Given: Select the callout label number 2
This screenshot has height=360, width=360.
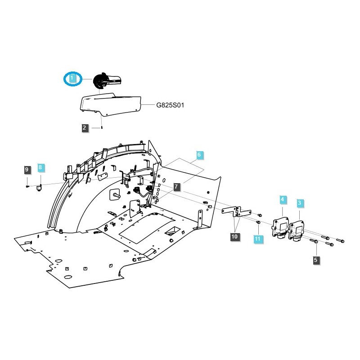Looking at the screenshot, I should pyautogui.click(x=85, y=128).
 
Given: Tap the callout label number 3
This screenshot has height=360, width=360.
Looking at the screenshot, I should pyautogui.click(x=299, y=203).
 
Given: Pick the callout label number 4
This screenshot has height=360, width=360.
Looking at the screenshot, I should pyautogui.click(x=283, y=199).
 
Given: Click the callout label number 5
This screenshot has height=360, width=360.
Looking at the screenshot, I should pyautogui.click(x=315, y=260).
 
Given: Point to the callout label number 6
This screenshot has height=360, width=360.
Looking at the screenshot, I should pyautogui.click(x=199, y=155).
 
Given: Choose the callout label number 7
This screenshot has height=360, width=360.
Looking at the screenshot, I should pyautogui.click(x=176, y=186).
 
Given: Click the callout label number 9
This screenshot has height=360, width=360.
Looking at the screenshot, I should pyautogui.click(x=27, y=170).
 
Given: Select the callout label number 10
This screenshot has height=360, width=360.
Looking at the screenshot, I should pyautogui.click(x=234, y=236).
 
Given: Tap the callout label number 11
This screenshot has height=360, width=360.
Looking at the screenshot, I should pyautogui.click(x=258, y=239).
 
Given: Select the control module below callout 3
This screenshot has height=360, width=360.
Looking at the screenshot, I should pyautogui.click(x=298, y=230).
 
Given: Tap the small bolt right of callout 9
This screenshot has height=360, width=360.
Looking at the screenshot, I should pyautogui.click(x=27, y=185).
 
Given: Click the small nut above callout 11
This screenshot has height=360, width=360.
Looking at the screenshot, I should pyautogui.click(x=258, y=222).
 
